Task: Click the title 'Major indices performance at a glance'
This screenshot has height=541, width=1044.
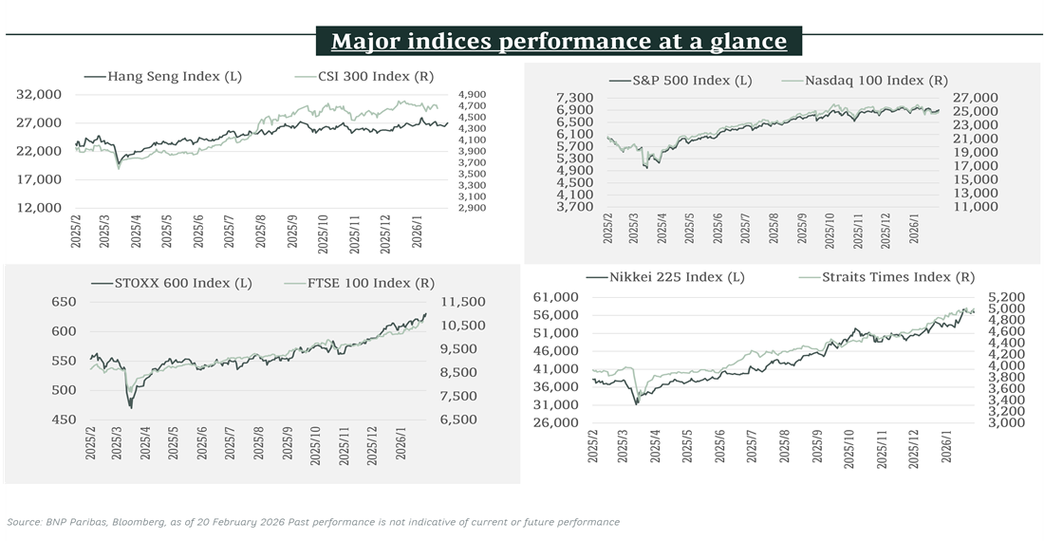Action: pyautogui.click(x=558, y=42)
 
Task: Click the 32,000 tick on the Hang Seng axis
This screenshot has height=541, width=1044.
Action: pyautogui.click(x=40, y=95)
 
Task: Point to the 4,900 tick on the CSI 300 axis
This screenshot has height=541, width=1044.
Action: pyautogui.click(x=472, y=95)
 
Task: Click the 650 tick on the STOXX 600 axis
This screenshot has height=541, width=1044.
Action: pyautogui.click(x=63, y=302)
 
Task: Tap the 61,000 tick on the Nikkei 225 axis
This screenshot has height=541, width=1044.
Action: pyautogui.click(x=558, y=297)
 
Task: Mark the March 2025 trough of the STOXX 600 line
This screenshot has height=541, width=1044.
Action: pyautogui.click(x=130, y=407)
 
